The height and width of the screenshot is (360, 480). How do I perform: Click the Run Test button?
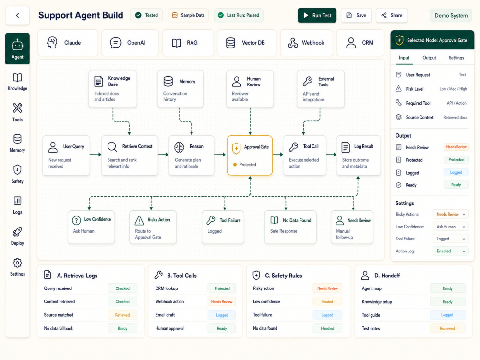point(317,15)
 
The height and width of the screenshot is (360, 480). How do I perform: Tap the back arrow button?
point(17,15)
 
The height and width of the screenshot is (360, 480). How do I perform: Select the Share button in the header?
point(392,15)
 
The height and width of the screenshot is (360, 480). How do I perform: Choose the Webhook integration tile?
point(306,43)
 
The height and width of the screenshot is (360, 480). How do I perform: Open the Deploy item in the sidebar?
point(17,236)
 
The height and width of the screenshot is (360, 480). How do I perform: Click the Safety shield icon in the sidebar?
point(17,169)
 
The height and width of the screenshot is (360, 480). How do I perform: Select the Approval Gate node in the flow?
point(250,156)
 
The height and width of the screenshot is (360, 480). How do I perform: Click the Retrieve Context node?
point(130,156)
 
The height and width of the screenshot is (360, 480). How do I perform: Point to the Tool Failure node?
point(223,227)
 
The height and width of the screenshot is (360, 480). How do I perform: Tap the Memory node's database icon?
point(168,82)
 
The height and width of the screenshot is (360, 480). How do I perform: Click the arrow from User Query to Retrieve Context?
point(96,155)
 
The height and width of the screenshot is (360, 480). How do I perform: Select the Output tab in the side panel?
point(429,58)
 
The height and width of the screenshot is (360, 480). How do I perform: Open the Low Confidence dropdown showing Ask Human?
point(451,227)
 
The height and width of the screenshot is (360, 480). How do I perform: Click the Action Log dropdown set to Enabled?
point(451,251)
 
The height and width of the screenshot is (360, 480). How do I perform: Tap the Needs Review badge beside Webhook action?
point(222,302)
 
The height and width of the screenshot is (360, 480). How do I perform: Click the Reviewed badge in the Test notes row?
point(447,328)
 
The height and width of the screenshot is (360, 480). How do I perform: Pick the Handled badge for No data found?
point(327,328)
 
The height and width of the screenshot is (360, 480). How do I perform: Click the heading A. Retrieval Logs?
point(77,276)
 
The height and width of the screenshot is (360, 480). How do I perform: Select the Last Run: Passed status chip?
point(239,15)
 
